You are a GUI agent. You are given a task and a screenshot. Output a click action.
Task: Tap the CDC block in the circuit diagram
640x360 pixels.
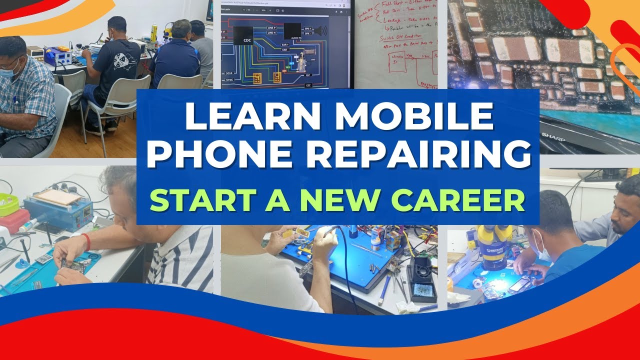[242, 35]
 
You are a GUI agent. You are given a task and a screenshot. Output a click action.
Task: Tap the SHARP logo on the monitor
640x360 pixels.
[552, 136]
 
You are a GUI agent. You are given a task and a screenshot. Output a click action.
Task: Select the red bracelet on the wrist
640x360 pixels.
[88, 242]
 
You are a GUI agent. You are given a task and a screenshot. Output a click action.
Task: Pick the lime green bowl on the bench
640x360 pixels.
[8, 204]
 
